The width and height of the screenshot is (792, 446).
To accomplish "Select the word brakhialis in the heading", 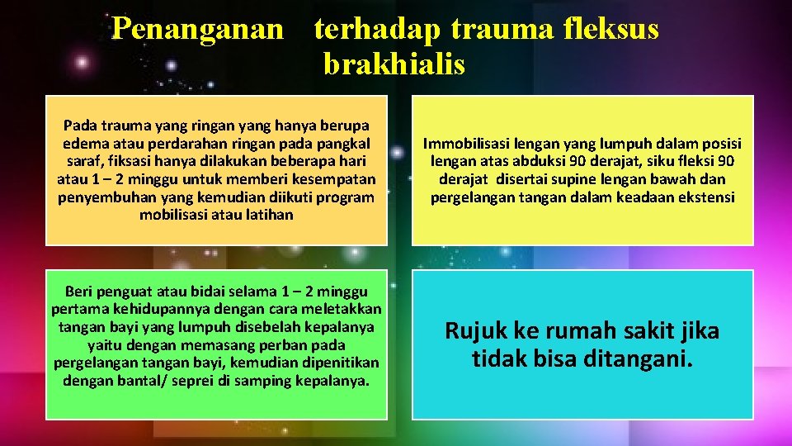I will point(394,64).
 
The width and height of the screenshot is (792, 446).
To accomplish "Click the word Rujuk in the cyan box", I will point(475,332).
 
